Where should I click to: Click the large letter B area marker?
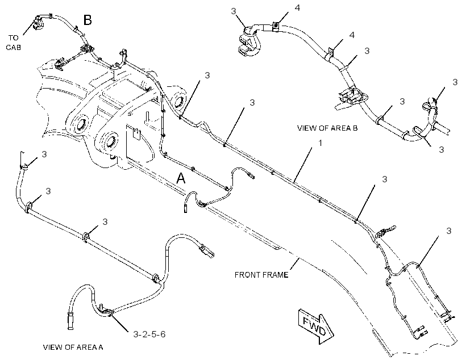click(88, 20)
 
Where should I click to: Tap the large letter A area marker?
click(181, 178)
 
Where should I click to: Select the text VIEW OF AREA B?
click(327, 128)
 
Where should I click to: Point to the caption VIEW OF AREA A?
click(73, 348)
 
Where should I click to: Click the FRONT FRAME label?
click(261, 275)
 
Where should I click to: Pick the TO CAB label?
click(14, 42)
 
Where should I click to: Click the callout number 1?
click(321, 143)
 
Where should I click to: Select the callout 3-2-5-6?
click(149, 334)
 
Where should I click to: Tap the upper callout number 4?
click(297, 8)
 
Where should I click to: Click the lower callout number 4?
click(352, 35)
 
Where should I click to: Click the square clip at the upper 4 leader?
click(276, 27)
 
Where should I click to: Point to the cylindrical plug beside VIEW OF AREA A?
click(70, 320)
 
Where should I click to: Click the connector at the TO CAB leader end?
click(37, 23)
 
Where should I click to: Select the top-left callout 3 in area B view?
click(234, 11)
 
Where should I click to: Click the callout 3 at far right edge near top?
click(455, 82)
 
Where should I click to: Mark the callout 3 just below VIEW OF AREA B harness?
click(442, 149)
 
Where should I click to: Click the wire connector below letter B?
click(86, 49)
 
